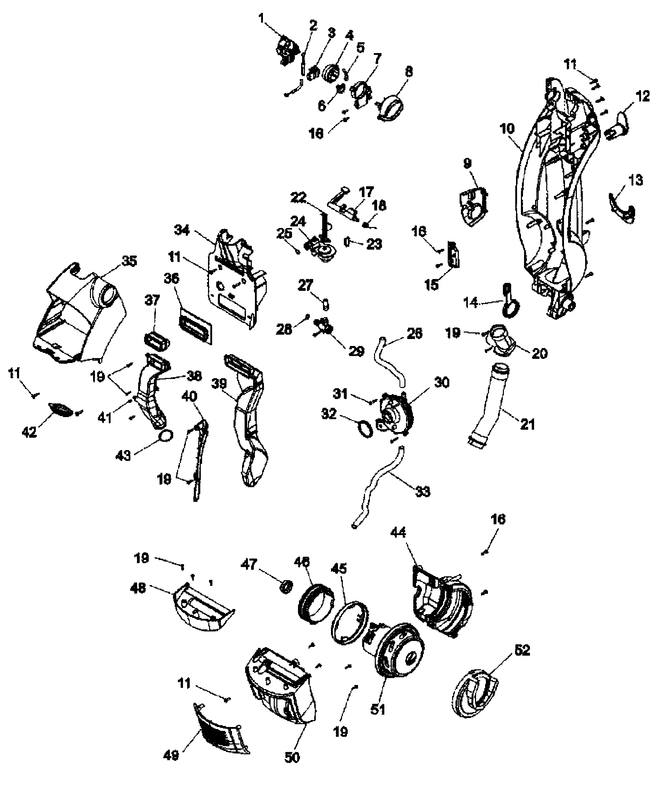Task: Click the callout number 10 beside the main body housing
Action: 507,129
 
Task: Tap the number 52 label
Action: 522,650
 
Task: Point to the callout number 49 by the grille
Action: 171,755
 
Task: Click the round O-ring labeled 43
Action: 166,436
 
